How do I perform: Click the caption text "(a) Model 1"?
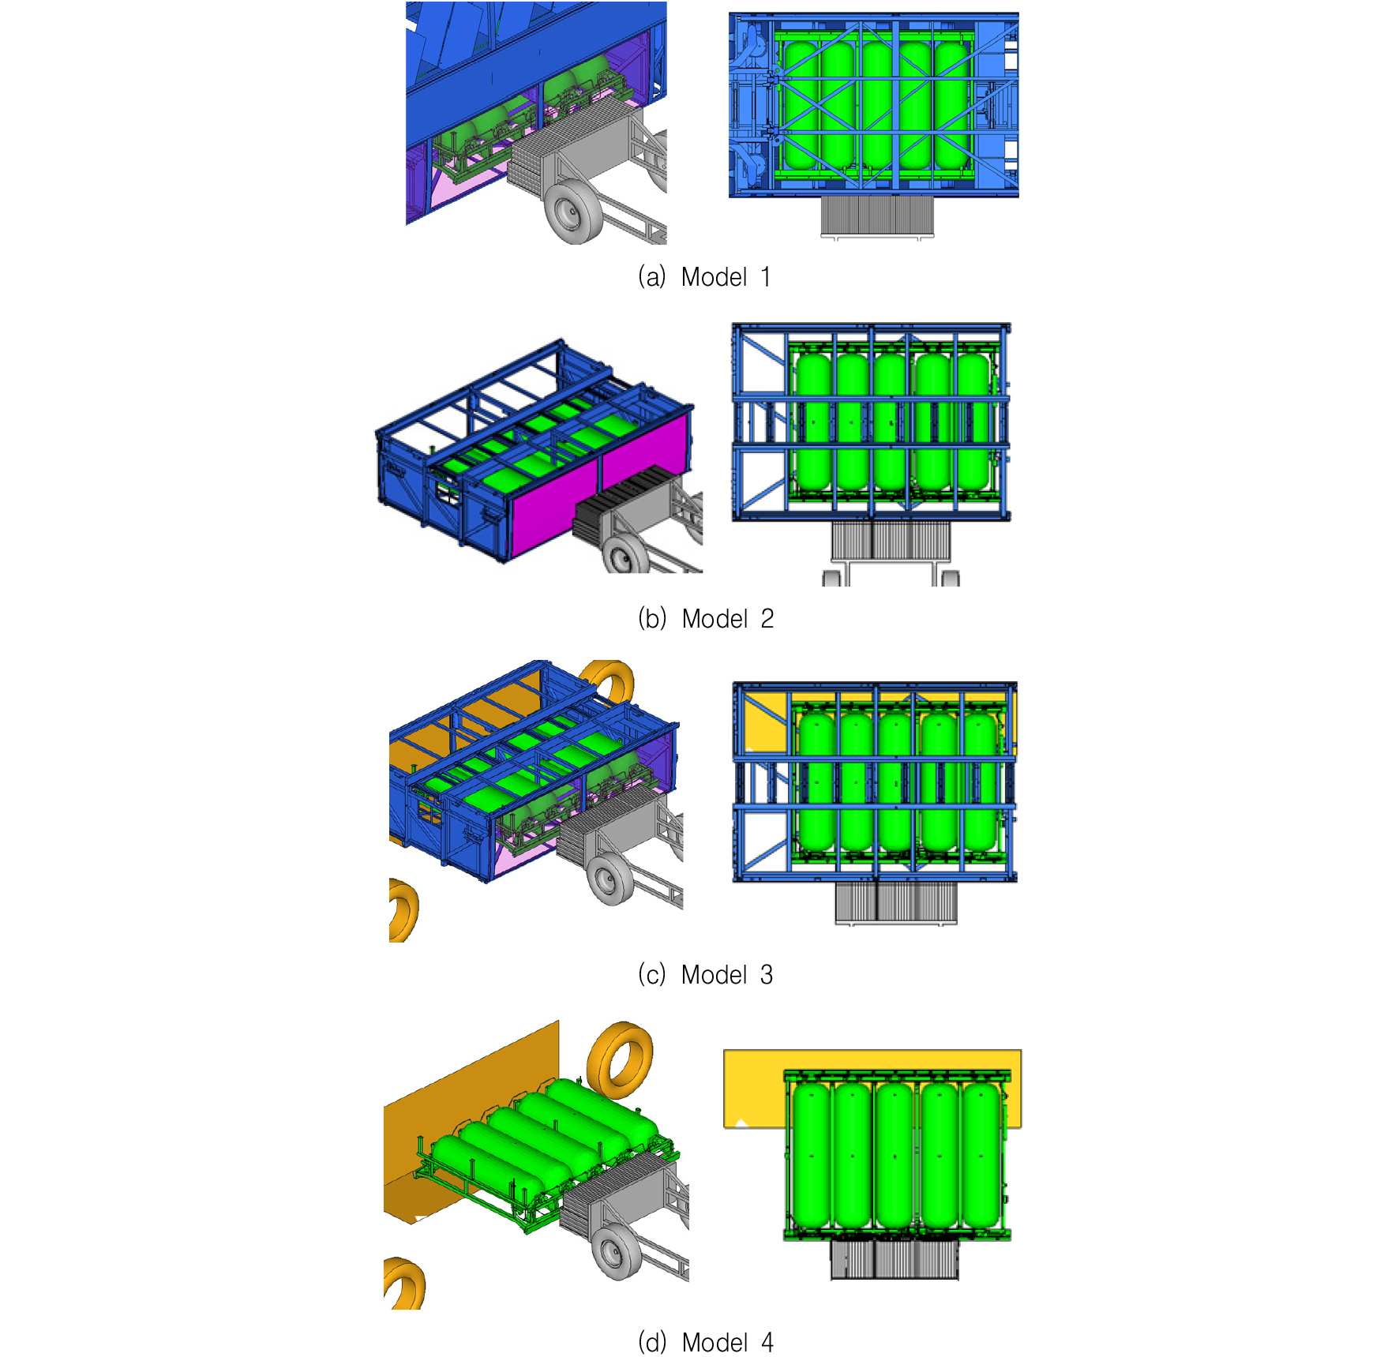point(704,277)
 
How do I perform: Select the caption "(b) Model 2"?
point(706,619)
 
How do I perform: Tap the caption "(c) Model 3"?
point(705,975)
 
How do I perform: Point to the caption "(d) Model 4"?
point(706,1342)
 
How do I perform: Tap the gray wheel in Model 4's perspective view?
point(617,1252)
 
